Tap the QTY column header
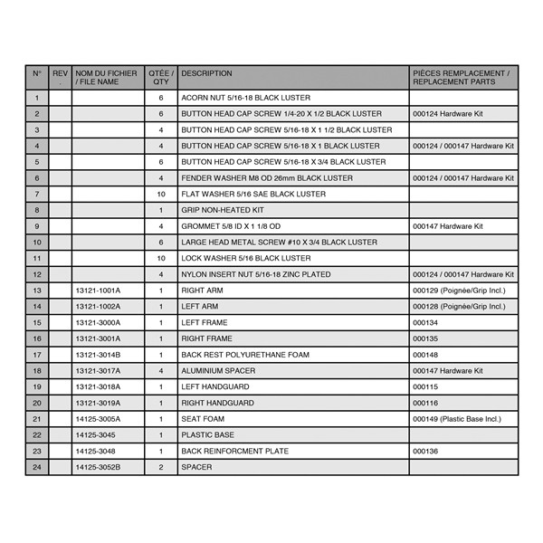(x=161, y=78)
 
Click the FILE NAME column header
(x=107, y=78)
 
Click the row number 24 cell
(x=37, y=467)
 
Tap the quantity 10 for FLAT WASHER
(x=161, y=194)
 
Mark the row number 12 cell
(x=37, y=274)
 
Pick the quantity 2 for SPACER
(x=161, y=467)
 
